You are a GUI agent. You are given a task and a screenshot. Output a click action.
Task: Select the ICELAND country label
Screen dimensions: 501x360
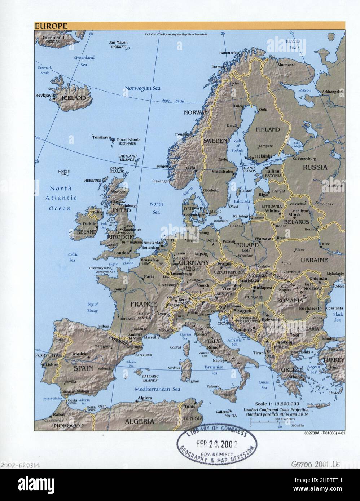[x=74, y=98]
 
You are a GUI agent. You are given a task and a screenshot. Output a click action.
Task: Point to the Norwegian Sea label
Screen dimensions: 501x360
[x=142, y=88]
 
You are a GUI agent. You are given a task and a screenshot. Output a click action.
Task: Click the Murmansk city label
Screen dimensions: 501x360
[x=286, y=65]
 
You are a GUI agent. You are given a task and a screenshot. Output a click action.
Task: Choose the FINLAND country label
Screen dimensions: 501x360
[x=268, y=129]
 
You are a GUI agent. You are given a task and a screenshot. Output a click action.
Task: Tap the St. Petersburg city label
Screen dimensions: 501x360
[x=304, y=159]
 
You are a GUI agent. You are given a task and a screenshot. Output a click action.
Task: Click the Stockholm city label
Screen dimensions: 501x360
[x=222, y=172]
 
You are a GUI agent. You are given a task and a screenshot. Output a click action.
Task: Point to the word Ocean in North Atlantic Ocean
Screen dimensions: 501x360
[x=60, y=208]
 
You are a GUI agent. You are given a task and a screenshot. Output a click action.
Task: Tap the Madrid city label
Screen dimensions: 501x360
[x=81, y=354]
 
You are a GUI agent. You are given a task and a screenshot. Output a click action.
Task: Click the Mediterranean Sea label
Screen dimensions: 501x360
[x=157, y=389]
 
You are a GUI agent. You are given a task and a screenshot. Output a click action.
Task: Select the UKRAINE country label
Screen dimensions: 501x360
[x=314, y=260]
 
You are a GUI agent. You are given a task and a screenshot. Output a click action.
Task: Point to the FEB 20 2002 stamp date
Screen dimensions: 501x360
[x=216, y=443]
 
